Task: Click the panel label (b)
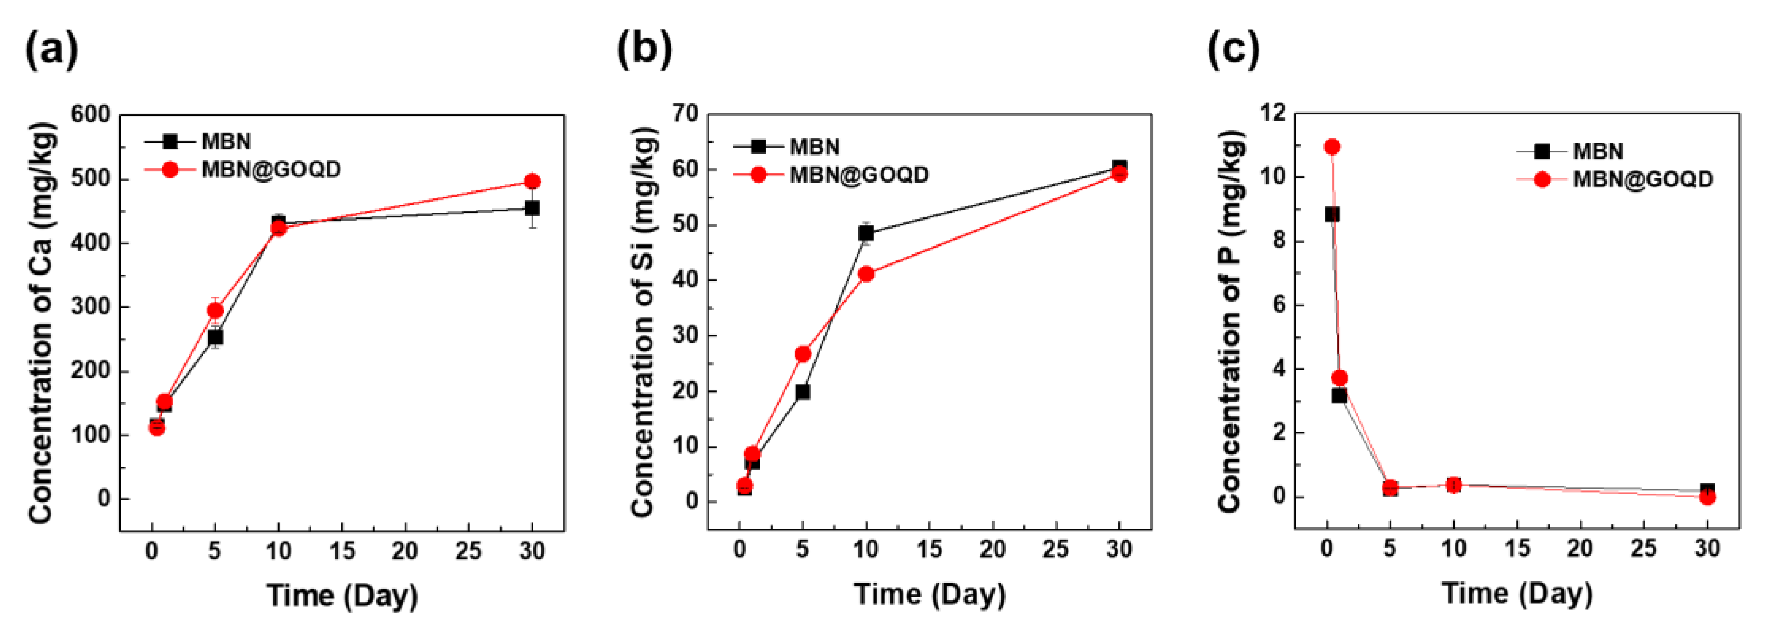point(644,50)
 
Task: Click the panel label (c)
point(1234,50)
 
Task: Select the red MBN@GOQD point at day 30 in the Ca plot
point(532,181)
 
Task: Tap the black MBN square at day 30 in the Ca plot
point(532,207)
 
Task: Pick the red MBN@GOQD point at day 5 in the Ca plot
point(215,311)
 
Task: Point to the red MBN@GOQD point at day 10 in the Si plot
point(866,274)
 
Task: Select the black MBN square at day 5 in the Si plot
point(802,392)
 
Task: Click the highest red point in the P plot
point(1331,147)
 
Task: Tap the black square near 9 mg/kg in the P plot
point(1331,214)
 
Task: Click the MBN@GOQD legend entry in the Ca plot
point(271,169)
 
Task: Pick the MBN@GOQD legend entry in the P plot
point(1643,179)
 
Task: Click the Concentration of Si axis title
point(643,322)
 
